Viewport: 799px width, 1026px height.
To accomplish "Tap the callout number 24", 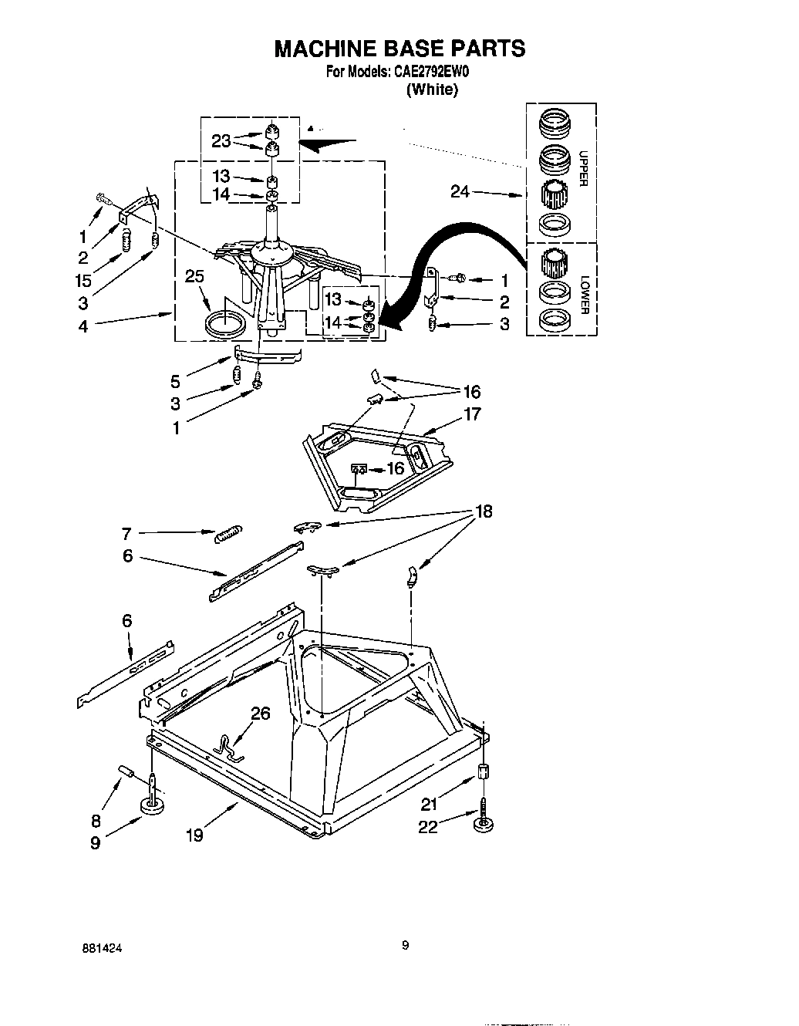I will pos(460,191).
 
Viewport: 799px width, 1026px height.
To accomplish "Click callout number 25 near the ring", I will pos(194,276).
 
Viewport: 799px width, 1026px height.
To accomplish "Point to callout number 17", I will pos(472,414).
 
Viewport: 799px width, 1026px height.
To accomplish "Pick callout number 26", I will pos(261,714).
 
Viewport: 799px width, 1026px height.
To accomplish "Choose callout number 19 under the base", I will pos(194,834).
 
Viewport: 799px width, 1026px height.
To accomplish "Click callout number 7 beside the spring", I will pos(126,533).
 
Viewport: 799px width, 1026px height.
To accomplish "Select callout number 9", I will pos(95,843).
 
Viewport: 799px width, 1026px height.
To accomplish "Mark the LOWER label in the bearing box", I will pos(583,294).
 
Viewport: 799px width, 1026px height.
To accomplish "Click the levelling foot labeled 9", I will pos(155,805).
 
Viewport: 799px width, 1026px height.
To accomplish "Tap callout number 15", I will pos(83,281).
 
